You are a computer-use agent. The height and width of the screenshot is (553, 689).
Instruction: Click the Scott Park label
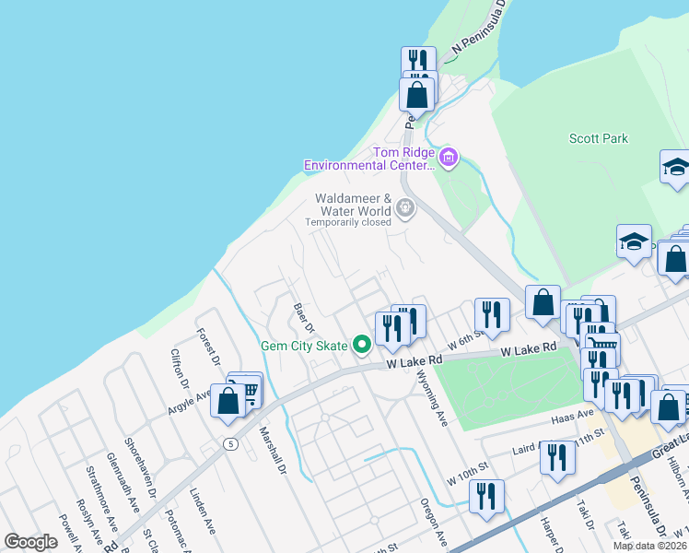click(599, 138)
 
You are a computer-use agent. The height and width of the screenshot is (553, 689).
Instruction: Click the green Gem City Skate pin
click(362, 346)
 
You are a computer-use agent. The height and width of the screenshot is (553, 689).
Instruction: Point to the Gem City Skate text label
click(304, 346)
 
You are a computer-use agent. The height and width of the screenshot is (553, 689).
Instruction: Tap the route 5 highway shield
click(230, 444)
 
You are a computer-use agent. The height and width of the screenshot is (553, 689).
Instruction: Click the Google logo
click(30, 542)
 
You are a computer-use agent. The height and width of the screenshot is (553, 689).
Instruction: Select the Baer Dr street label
click(304, 318)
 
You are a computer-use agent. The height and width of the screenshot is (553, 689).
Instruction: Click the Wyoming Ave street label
click(429, 399)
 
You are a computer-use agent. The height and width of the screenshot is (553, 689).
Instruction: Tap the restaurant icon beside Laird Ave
click(556, 457)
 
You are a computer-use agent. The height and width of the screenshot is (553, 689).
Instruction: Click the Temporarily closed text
click(348, 222)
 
